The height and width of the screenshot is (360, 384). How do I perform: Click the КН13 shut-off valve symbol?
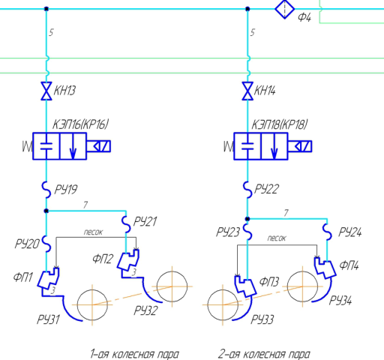pyautogui.click(x=46, y=91)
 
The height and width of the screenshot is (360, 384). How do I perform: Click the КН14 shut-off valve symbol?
pyautogui.click(x=247, y=91)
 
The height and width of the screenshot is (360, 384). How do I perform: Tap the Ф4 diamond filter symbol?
pyautogui.click(x=285, y=9)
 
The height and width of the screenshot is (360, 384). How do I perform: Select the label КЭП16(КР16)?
pyautogui.click(x=80, y=124)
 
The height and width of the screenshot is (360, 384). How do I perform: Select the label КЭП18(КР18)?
pyautogui.click(x=280, y=124)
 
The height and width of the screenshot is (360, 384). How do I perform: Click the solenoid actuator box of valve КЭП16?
pyautogui.click(x=98, y=146)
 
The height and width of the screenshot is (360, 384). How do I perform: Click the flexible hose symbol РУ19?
pyautogui.click(x=46, y=190)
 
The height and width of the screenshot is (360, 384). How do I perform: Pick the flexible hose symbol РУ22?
pyautogui.click(x=247, y=190)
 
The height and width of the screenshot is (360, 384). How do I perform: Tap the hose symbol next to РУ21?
pyautogui.click(x=126, y=224)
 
